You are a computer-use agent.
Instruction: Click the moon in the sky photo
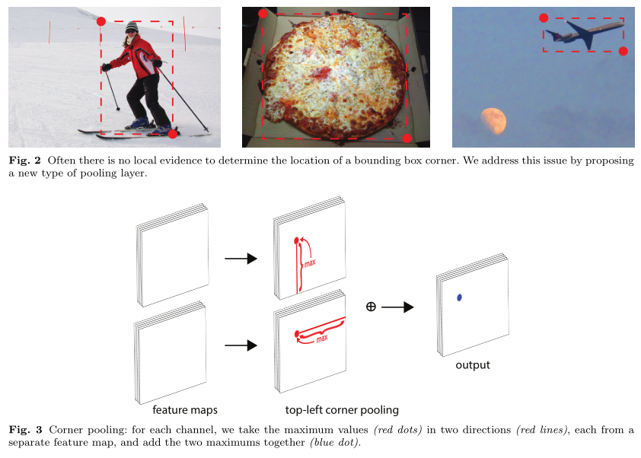(493, 121)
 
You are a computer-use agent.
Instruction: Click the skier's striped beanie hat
(132, 27)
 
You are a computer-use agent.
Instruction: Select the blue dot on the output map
(459, 297)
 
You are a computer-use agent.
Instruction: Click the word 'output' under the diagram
(473, 365)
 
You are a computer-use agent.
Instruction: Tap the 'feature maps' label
(185, 410)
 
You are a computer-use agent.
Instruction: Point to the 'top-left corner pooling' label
(342, 410)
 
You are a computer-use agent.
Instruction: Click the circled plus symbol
(371, 307)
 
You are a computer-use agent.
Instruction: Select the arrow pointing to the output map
(397, 307)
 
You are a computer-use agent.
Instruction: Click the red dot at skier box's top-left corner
(101, 21)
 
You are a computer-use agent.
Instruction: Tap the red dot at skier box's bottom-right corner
(173, 134)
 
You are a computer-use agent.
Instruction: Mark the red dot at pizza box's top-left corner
(263, 14)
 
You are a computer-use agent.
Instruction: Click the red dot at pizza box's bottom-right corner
(407, 138)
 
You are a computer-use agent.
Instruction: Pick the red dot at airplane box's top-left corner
(544, 18)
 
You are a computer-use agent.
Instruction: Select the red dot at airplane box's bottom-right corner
(623, 51)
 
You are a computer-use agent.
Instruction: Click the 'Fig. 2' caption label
(25, 161)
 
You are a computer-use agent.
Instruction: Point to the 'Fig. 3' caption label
(25, 430)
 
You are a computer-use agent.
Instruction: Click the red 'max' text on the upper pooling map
(310, 262)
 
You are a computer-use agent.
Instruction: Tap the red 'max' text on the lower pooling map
(322, 339)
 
